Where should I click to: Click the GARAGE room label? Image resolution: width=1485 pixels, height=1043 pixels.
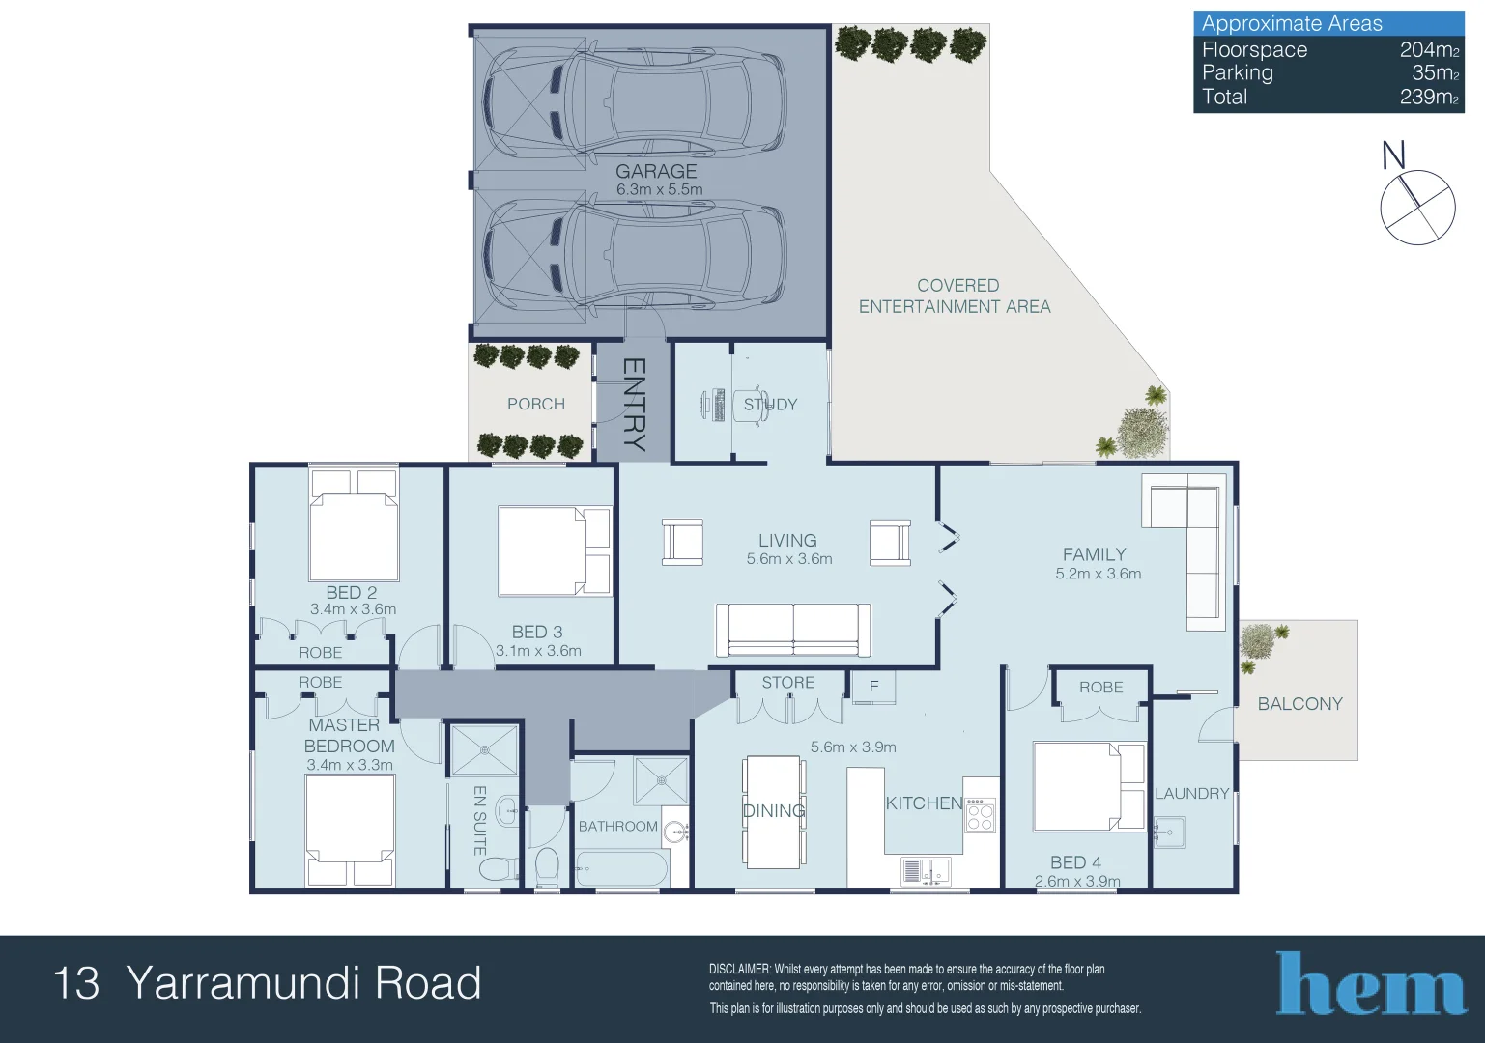[x=656, y=171]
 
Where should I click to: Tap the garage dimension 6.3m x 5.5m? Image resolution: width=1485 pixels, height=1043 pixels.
[x=660, y=189]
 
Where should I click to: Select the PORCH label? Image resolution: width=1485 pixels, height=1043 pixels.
[x=536, y=404]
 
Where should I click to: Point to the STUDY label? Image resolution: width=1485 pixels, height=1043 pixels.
[x=770, y=405]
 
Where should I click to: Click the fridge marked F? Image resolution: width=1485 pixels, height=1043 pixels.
[x=873, y=687]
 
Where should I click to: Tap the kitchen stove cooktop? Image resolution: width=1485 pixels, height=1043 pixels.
[x=980, y=814]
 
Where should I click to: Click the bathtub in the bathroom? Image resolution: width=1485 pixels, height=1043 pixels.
[x=622, y=869]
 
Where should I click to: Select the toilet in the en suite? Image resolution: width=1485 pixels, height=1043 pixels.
[x=499, y=867]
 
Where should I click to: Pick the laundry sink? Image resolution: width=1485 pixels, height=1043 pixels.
[x=1169, y=832]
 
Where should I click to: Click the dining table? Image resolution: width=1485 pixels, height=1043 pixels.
[x=774, y=812]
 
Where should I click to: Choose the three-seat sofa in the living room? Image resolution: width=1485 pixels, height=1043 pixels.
[x=793, y=630]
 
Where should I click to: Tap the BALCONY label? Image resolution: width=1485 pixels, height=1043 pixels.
[x=1300, y=704]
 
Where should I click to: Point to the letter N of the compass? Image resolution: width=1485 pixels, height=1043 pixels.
[x=1393, y=155]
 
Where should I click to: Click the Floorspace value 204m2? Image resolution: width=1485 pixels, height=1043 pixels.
[x=1429, y=49]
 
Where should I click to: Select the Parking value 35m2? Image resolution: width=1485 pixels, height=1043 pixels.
[x=1436, y=72]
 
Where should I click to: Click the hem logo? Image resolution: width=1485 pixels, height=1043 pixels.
[x=1371, y=983]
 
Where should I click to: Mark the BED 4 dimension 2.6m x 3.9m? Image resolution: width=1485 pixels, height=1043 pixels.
[x=1077, y=882]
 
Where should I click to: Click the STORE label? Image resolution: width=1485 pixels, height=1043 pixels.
[x=787, y=683]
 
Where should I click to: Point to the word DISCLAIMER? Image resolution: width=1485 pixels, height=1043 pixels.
[x=739, y=969]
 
